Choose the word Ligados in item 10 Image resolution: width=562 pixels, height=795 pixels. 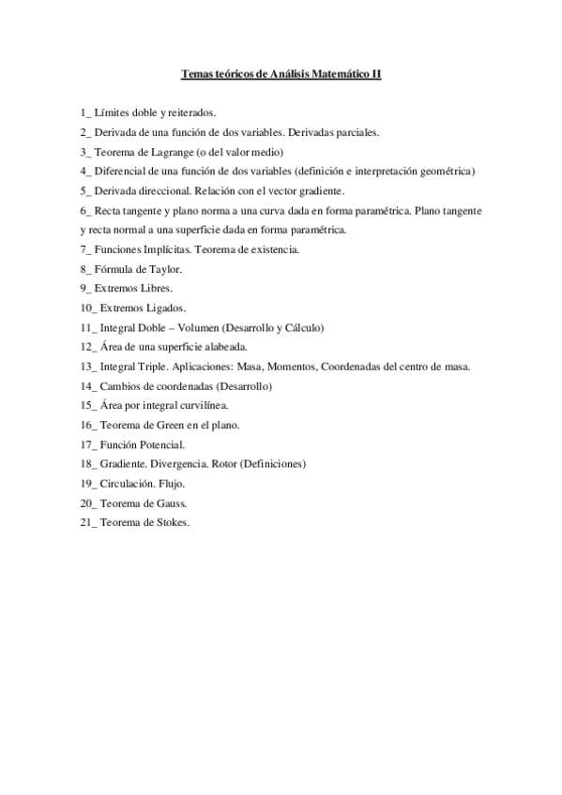(162, 307)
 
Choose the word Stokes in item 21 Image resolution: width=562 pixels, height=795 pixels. (172, 523)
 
